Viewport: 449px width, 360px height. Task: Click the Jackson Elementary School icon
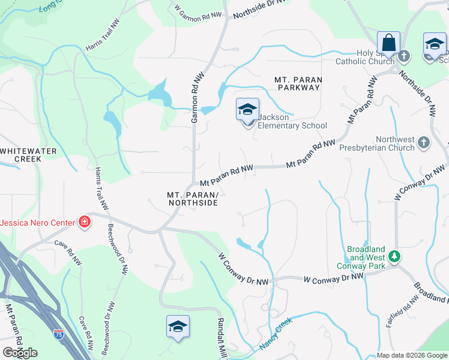click(247, 111)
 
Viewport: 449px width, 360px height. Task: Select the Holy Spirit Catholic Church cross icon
click(405, 56)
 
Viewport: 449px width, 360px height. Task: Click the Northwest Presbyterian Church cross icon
click(424, 142)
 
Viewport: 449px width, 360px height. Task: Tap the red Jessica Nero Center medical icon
click(85, 223)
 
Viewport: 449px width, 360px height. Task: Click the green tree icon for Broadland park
click(394, 256)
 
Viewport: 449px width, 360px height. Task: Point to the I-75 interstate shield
click(58, 332)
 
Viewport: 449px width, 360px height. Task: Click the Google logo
click(20, 353)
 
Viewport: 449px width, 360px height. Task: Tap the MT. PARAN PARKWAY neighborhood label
click(298, 83)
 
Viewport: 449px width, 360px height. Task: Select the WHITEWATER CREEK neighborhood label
click(21, 155)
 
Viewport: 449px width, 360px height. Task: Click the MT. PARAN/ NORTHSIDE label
click(192, 199)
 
